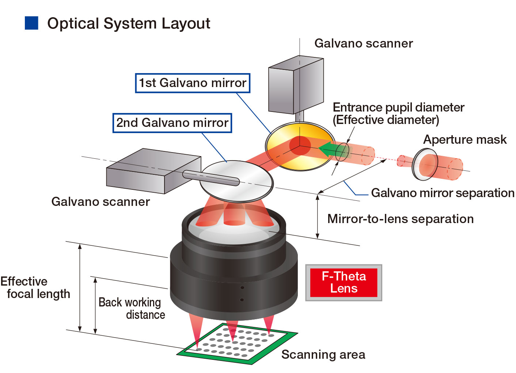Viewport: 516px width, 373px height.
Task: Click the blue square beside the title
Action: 31,23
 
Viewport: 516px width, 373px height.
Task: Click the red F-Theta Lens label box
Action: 344,282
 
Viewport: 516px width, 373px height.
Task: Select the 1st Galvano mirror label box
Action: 193,83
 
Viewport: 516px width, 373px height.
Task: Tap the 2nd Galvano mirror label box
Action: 172,123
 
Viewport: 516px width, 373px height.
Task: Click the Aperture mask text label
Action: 464,140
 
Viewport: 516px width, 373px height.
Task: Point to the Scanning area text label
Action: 323,355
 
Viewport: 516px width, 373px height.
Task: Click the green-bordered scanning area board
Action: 238,344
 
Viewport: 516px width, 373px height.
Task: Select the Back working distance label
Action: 132,309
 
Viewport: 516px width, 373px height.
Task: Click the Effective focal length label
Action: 35,288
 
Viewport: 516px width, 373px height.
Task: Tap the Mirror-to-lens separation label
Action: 400,219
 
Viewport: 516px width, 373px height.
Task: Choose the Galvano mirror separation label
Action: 442,193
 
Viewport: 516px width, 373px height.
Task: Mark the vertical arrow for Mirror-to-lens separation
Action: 318,216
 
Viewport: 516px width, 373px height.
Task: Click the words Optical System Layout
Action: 129,24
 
